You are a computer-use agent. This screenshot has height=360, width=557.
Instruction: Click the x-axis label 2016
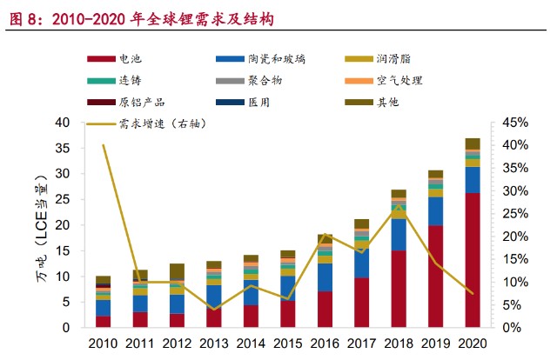coord(325,344)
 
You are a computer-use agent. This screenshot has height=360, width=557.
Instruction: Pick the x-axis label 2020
coord(473,344)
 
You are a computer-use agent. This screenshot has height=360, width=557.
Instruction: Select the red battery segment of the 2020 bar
coord(473,261)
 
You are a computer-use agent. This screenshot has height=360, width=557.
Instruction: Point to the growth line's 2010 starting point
coord(103,145)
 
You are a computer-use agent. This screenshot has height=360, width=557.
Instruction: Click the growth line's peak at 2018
coord(399,206)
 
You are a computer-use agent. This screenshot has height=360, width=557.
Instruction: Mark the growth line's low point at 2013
coord(213,309)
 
